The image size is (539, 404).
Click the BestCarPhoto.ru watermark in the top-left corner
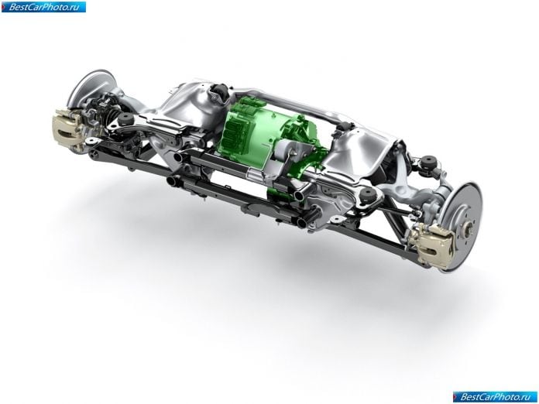click(43, 7)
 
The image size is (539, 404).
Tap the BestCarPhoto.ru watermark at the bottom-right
click(495, 397)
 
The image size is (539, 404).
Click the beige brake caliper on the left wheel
click(67, 128)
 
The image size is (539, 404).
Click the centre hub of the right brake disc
click(469, 227)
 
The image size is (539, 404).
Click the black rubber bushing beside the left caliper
click(125, 119)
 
